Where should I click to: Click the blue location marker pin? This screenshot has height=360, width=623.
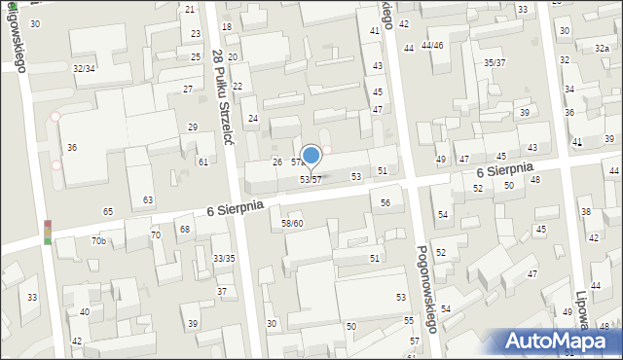pos(311,156)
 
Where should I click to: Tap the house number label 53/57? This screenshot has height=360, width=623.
pos(311,180)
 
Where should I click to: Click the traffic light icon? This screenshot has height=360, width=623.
pos(47,233)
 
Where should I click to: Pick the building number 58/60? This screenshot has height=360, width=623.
pos(292,224)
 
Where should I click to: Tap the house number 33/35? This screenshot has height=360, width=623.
pos(224,258)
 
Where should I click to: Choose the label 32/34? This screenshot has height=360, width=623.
pos(84,69)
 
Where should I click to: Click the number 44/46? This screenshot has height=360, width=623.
pos(432,46)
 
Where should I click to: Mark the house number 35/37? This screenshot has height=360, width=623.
pos(495,62)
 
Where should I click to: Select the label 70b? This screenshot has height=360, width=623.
pos(98,240)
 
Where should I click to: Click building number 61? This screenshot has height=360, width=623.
pos(202,162)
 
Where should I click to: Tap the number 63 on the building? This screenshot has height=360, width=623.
pos(148,200)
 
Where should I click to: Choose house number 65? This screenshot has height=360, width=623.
pos(108,211)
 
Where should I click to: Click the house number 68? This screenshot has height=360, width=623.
pos(184,230)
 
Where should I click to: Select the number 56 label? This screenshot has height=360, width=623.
pos(385,203)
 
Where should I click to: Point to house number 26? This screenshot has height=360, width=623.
pos(276,162)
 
